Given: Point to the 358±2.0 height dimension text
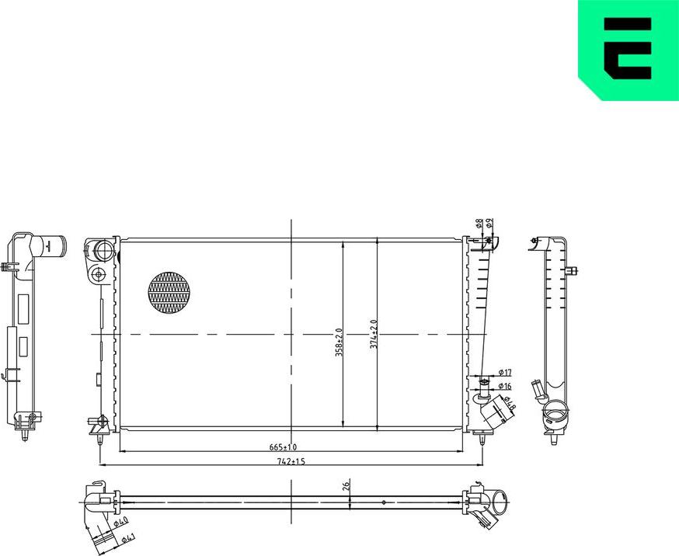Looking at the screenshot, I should click(339, 342).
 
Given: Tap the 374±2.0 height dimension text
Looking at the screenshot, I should click(373, 334).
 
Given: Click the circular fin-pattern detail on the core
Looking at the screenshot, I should click(169, 292).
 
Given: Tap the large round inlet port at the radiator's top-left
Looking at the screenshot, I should click(102, 251).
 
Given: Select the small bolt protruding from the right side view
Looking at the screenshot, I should click(573, 271).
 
